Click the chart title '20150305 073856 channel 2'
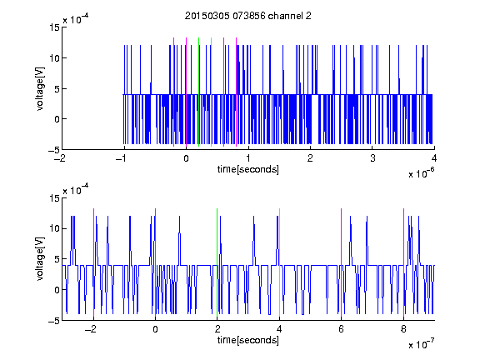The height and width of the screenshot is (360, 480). (248, 16)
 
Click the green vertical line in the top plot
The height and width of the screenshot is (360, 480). (198, 92)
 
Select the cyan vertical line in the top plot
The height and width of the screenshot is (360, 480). (211, 92)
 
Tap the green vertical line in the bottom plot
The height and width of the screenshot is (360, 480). (217, 262)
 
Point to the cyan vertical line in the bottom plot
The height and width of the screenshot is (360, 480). (279, 262)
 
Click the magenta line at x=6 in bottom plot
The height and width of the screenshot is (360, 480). (342, 262)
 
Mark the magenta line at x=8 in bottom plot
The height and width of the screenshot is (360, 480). (403, 262)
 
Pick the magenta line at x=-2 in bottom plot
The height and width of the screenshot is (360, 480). (93, 262)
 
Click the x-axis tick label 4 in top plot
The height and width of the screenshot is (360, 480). (434, 158)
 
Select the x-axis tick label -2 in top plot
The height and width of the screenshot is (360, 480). (60, 158)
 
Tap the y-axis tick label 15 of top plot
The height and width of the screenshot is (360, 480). (54, 27)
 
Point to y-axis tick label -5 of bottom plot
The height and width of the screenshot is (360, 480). (54, 321)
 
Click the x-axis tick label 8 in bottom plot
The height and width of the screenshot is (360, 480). (403, 329)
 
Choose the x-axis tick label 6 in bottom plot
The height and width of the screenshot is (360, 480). (342, 329)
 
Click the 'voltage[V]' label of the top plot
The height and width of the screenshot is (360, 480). (40, 89)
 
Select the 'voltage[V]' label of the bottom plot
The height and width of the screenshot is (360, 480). (40, 259)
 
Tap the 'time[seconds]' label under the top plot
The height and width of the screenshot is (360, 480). (248, 169)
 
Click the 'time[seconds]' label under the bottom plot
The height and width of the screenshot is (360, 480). (248, 340)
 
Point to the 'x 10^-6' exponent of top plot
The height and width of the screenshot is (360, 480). (422, 173)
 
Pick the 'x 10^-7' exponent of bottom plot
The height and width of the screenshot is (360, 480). (422, 344)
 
